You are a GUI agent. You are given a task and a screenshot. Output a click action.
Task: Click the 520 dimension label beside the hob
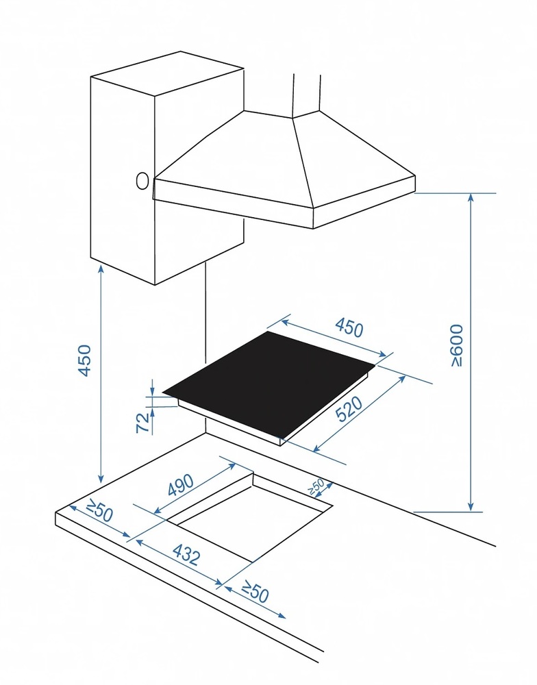[x=351, y=408]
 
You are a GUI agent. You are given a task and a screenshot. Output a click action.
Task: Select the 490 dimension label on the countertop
[x=180, y=484]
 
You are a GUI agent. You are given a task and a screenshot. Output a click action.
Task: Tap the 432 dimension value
[x=186, y=554]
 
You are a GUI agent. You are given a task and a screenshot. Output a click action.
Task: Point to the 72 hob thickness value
[x=143, y=423]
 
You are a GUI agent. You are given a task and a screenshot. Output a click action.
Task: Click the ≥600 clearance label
[x=455, y=345]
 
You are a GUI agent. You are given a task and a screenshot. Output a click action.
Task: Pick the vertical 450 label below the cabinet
[x=84, y=360]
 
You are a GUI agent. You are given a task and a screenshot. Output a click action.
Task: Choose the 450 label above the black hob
[x=349, y=327]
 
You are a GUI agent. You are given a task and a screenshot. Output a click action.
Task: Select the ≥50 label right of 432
[x=255, y=592]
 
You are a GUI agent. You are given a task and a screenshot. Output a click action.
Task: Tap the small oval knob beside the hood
[x=142, y=181]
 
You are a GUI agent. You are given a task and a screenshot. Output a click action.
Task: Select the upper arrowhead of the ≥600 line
[x=471, y=198]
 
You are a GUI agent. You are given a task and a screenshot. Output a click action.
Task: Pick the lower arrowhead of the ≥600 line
[x=471, y=506]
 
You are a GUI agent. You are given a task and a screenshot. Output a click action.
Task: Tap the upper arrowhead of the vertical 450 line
[x=101, y=269]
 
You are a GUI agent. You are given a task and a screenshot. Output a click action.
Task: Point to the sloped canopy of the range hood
[x=284, y=158]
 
